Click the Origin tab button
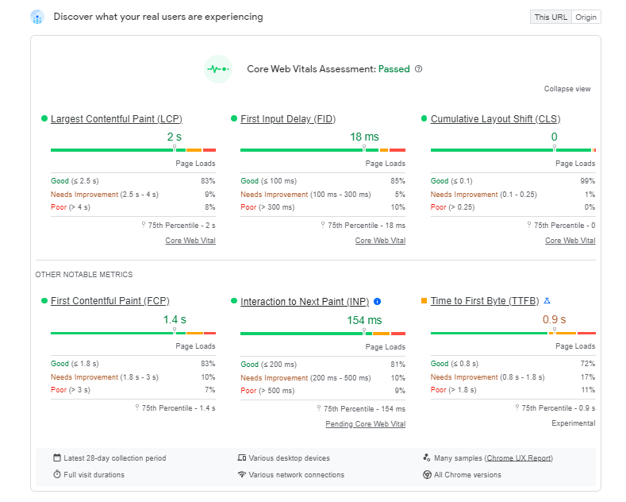(586, 17)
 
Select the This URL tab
(551, 17)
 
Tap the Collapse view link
(567, 89)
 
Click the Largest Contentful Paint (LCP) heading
(116, 119)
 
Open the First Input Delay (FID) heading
(288, 119)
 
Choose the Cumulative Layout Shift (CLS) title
(495, 119)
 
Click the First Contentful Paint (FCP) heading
(109, 301)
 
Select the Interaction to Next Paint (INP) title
(305, 301)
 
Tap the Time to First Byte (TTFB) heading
(485, 301)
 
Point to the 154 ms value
(364, 320)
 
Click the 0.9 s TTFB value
(554, 320)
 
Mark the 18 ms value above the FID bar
(364, 137)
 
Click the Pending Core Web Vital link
(365, 424)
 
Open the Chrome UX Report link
(518, 458)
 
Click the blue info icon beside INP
(377, 301)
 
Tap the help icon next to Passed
(419, 69)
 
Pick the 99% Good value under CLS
(587, 181)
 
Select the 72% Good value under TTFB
(587, 364)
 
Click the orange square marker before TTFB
(424, 301)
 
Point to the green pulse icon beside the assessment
(217, 69)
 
